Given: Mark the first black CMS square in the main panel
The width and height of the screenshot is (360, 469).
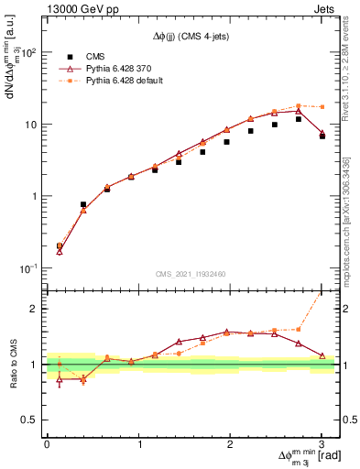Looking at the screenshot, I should [x=60, y=245].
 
